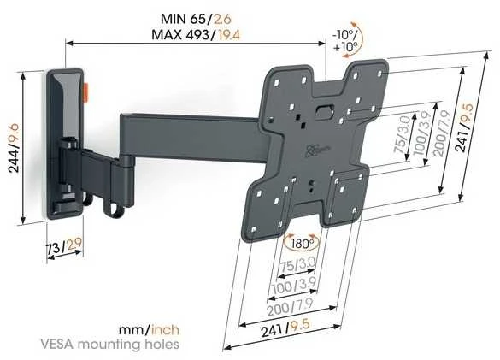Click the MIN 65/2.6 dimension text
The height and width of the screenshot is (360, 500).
pos(196,19)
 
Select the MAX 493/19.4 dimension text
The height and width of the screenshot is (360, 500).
pos(196,34)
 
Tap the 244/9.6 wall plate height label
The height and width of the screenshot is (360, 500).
pos(15,148)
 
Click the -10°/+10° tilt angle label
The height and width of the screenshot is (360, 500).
pos(345,40)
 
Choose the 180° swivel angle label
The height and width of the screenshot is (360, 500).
pos(301,245)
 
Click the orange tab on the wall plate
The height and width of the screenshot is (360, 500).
pos(85,92)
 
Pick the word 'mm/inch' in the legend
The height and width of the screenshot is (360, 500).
pos(149,330)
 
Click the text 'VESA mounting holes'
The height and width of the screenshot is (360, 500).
pos(109,345)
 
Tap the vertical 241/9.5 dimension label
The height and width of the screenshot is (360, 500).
pos(463,127)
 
